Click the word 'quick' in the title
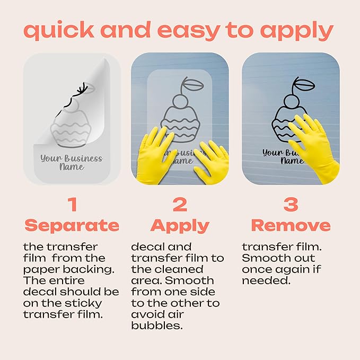coord(59,31)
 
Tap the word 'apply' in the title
coord(296,31)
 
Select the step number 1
coord(73,204)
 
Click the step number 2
coord(180,204)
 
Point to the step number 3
coord(291,204)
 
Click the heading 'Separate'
coord(72,225)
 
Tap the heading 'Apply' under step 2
coord(180,226)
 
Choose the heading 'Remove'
coord(291,225)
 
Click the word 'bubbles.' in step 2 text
coord(157,326)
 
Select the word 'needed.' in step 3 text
coord(266,280)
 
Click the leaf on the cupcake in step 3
coord(304,85)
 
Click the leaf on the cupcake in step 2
coord(194,85)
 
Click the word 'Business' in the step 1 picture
coord(83,159)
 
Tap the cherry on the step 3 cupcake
coord(292,101)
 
